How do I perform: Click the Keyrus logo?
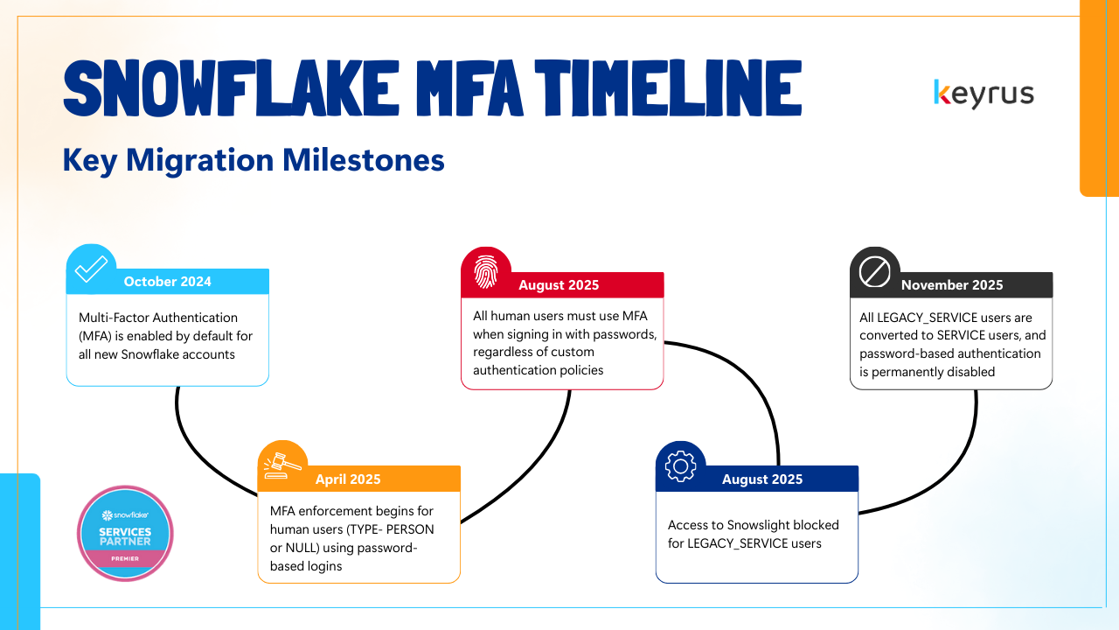point(983,94)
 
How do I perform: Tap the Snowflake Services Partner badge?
point(125,534)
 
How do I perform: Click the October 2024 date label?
point(168,282)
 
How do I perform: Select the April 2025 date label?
point(348,479)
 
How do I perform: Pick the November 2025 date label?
point(952,285)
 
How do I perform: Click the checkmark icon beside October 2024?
point(91,269)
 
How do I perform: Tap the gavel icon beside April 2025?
point(282,465)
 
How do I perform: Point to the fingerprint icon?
point(486,272)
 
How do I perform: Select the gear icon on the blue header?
point(680,465)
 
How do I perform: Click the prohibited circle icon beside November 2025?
point(874,272)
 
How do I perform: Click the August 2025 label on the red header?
point(559,285)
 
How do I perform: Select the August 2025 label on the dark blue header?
point(762,479)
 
